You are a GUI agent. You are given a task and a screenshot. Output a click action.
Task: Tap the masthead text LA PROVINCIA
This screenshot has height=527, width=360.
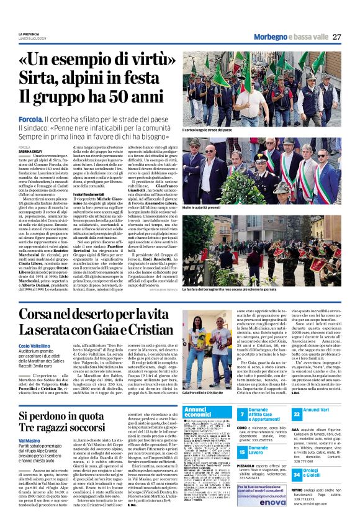click(29, 34)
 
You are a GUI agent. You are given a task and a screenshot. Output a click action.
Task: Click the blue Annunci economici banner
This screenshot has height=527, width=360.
click(198, 412)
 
